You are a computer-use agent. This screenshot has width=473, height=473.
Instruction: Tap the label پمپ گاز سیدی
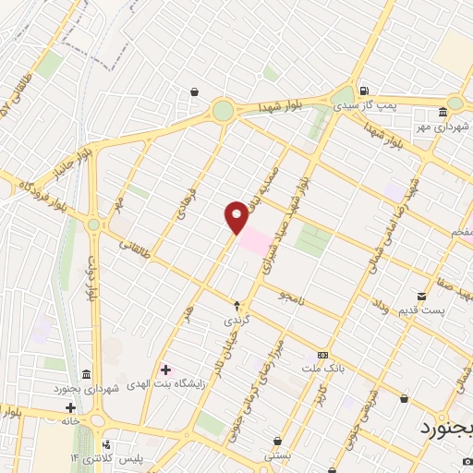390,106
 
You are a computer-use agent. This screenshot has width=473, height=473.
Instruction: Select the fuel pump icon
365,91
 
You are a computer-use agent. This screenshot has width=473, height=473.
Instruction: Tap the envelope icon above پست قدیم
421,297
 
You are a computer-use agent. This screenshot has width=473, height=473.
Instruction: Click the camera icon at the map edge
467,459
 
